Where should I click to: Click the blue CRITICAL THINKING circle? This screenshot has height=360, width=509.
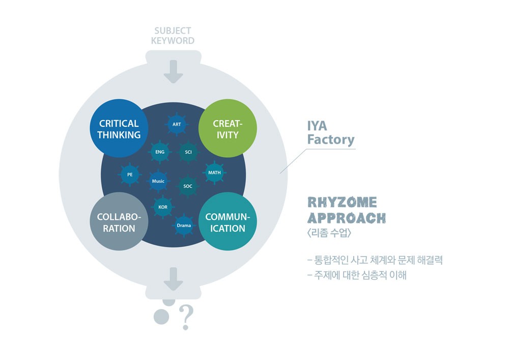tap(119, 129)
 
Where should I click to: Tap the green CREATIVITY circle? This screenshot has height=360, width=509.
tap(226, 129)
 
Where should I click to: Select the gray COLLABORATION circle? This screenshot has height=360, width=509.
tap(119, 223)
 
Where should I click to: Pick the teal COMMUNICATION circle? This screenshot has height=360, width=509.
tap(228, 223)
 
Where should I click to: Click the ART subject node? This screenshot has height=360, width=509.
tap(177, 124)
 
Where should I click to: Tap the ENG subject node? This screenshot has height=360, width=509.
tap(160, 152)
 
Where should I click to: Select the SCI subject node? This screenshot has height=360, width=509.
tap(188, 152)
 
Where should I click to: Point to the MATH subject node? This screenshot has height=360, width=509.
tap(214, 173)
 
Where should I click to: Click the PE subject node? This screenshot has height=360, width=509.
tap(130, 175)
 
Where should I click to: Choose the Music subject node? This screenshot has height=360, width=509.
tap(158, 181)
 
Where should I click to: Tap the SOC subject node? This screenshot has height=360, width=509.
tap(188, 186)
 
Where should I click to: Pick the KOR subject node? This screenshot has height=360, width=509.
tap(163, 207)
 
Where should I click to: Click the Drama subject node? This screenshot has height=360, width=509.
tap(184, 225)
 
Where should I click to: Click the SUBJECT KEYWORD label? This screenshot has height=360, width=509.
tap(173, 36)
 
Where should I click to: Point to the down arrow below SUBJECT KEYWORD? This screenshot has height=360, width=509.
tap(173, 71)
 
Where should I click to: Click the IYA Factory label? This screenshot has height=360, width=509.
tap(330, 132)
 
